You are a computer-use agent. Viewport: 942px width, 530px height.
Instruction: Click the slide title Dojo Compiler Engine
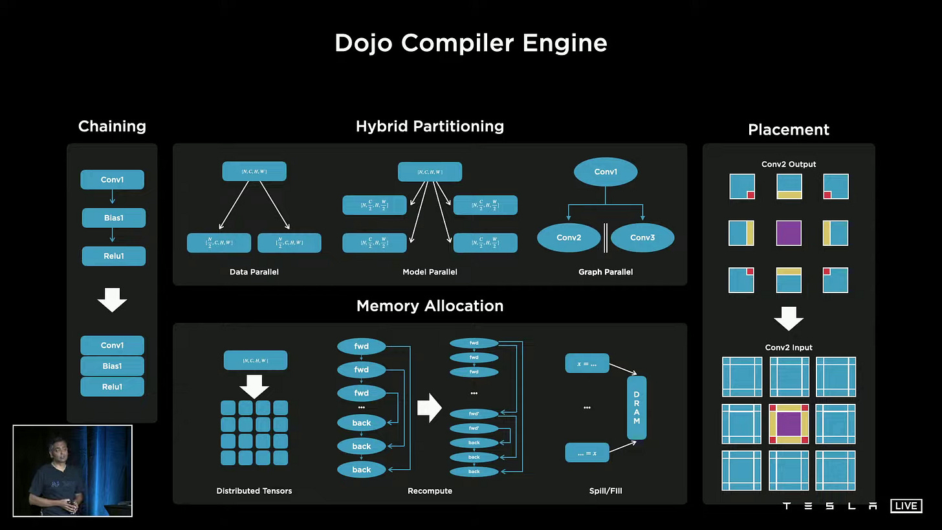[x=470, y=43]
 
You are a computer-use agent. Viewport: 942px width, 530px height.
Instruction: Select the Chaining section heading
[x=112, y=126]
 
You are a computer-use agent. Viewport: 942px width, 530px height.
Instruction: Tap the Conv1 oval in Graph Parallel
[x=606, y=171]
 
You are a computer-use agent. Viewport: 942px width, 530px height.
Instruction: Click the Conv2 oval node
[x=569, y=237]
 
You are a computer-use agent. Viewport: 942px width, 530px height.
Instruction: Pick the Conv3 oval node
[x=642, y=237]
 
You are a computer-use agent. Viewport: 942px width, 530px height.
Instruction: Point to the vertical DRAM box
[x=636, y=408]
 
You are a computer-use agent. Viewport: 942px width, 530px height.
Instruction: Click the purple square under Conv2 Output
[x=789, y=233]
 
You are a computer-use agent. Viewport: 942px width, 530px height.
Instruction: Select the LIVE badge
[x=906, y=505]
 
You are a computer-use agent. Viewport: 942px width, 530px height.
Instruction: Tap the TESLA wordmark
[x=829, y=506]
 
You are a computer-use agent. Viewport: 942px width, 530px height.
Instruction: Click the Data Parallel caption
[x=254, y=272]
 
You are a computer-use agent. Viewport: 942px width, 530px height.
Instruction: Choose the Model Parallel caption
[x=430, y=272]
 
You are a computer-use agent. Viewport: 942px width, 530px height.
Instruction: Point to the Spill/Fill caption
[x=606, y=491]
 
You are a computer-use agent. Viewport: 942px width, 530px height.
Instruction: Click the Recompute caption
[x=430, y=491]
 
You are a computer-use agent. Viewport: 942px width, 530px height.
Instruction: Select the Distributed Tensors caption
[x=254, y=491]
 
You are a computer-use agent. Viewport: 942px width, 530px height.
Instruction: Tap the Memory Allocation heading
[x=430, y=306]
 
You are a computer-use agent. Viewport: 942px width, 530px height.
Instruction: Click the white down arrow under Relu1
[x=112, y=300]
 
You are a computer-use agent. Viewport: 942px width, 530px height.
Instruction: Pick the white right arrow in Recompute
[x=429, y=408]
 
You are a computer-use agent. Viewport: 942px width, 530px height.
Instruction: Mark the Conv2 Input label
[x=789, y=348]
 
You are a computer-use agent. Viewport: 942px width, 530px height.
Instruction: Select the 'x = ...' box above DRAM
[x=587, y=364]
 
